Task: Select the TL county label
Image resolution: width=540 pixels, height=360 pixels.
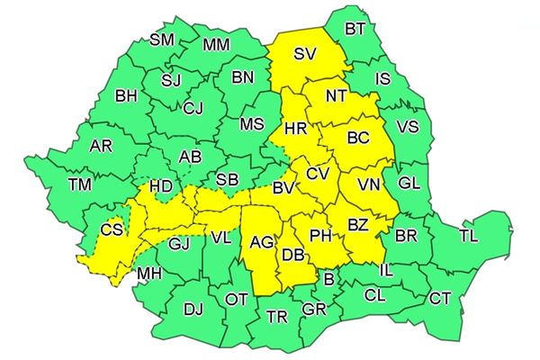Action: (x=468, y=237)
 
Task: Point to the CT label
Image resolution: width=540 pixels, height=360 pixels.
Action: (x=440, y=298)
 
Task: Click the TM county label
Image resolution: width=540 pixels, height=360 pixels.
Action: (x=80, y=184)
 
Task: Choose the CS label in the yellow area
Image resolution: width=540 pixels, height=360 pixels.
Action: (x=112, y=230)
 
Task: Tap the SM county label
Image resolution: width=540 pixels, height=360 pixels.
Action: (x=162, y=40)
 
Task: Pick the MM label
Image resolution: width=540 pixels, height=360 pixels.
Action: (x=216, y=45)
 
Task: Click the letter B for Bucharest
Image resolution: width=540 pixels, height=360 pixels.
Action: (x=329, y=282)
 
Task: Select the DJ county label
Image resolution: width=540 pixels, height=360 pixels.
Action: (x=193, y=310)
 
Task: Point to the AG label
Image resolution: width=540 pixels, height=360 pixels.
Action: (x=262, y=242)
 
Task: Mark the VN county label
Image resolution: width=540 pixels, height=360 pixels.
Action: (x=368, y=184)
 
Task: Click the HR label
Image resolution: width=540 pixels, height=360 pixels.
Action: (x=295, y=130)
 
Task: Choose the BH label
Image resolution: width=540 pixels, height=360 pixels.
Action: (x=126, y=94)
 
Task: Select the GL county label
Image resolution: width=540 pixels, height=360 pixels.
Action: (x=409, y=184)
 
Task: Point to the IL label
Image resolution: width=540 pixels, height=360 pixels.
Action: (x=386, y=269)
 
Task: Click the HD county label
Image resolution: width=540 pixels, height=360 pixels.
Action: (x=161, y=186)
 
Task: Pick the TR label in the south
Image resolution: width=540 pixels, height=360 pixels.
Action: (x=277, y=316)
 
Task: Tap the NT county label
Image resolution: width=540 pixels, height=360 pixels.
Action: (x=337, y=94)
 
